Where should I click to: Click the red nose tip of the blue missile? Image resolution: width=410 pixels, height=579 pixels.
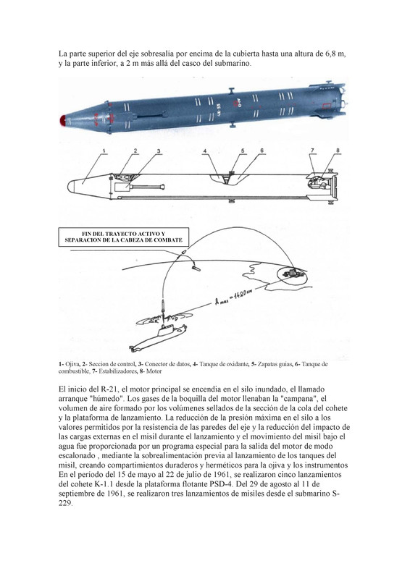pos(63,120)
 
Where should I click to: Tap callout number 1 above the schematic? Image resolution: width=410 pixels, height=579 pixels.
pos(104,151)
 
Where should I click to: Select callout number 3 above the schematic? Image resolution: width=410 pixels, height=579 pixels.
pos(159,151)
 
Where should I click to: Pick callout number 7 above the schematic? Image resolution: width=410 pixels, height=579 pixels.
pos(312,151)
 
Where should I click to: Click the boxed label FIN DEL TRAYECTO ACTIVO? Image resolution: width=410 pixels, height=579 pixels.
pos(123,237)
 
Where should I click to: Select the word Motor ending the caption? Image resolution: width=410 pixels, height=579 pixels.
pos(154,371)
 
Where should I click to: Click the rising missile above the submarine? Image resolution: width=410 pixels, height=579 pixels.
pos(164,307)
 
